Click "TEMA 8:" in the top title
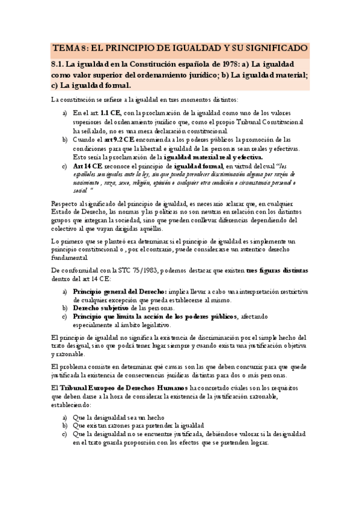pos(70,48)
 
